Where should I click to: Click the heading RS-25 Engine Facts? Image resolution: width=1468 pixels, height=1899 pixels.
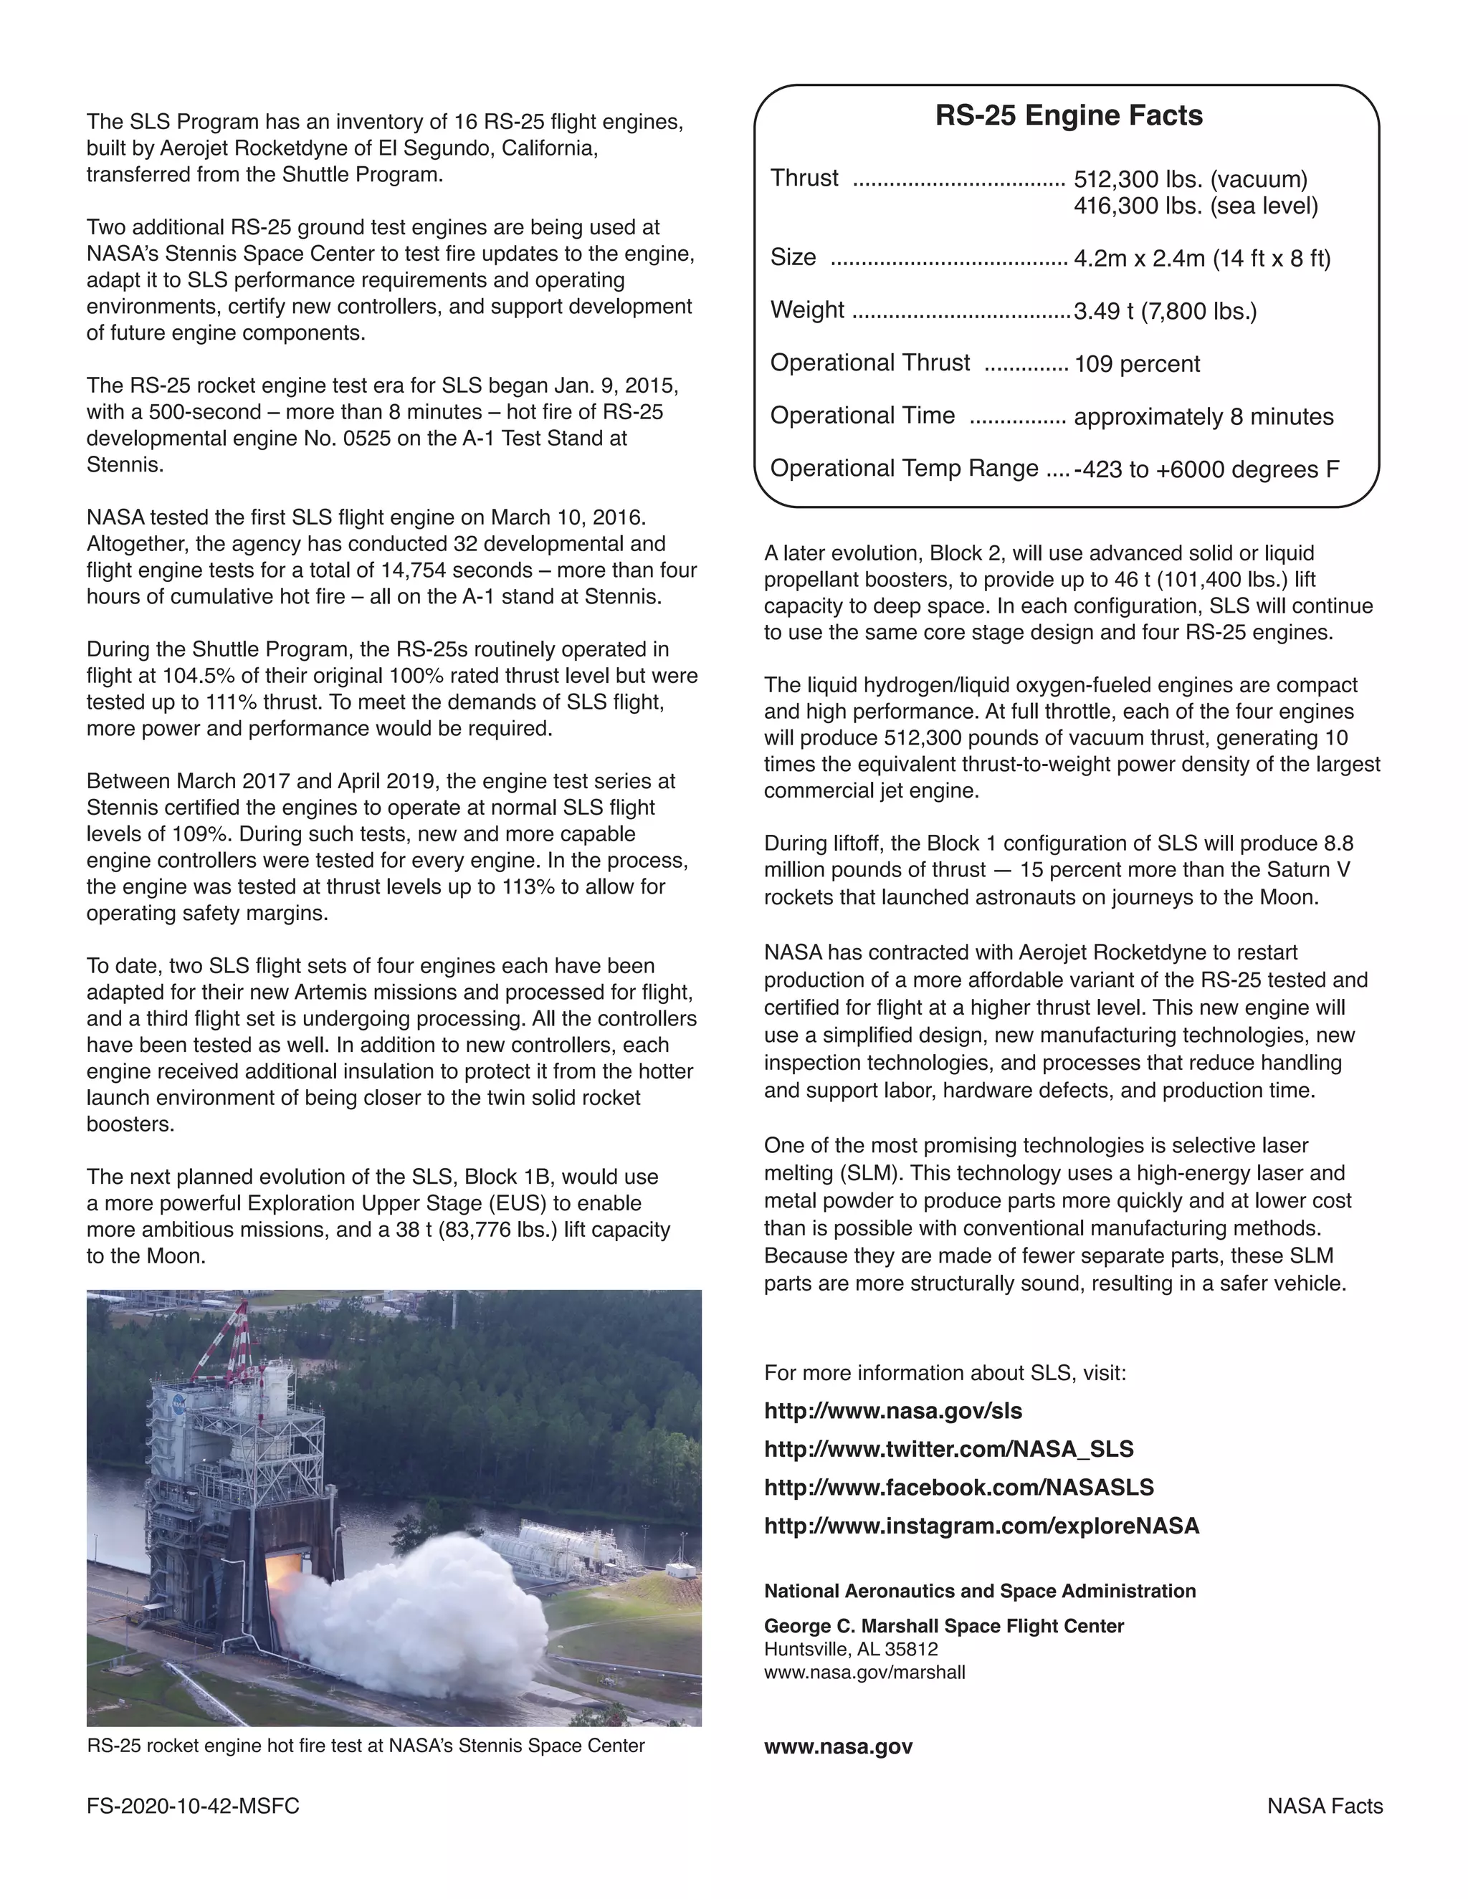pos(1068,115)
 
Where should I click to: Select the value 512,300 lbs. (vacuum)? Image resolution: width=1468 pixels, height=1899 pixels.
pos(1190,179)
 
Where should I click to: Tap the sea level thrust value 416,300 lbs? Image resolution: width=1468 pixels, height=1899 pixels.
pos(1195,206)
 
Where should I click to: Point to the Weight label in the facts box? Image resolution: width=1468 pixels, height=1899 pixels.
pos(806,310)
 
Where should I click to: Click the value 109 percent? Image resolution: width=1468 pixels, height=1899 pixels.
pos(1136,363)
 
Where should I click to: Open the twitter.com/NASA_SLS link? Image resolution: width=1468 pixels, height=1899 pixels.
pos(948,1448)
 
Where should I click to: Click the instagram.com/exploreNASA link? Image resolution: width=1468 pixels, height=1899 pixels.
pos(981,1525)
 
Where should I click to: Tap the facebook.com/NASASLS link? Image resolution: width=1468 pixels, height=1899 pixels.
pos(958,1487)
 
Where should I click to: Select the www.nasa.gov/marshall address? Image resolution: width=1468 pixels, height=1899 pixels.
pos(864,1672)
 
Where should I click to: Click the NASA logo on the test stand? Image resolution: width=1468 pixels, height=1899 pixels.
pos(178,1401)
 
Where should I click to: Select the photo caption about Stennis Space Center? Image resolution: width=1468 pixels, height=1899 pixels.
pos(366,1745)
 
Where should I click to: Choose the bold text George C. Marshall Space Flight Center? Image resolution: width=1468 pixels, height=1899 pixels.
pos(943,1626)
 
